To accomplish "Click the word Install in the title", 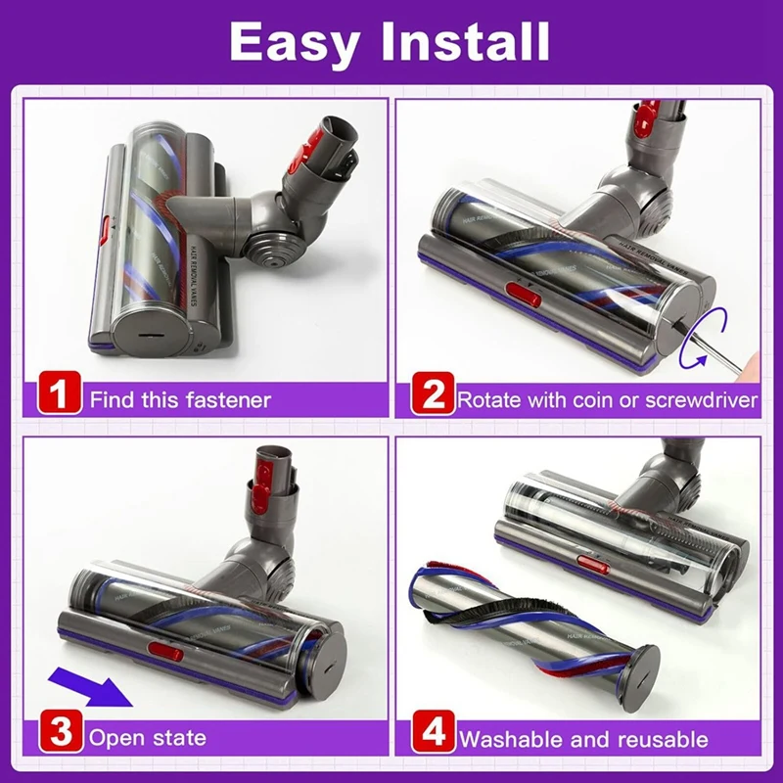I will click(x=468, y=42).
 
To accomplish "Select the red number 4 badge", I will click(x=433, y=734).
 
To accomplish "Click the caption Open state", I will click(x=148, y=736).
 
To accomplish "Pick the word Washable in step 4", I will click(x=506, y=738).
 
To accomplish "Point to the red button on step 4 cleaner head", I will click(x=591, y=566).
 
